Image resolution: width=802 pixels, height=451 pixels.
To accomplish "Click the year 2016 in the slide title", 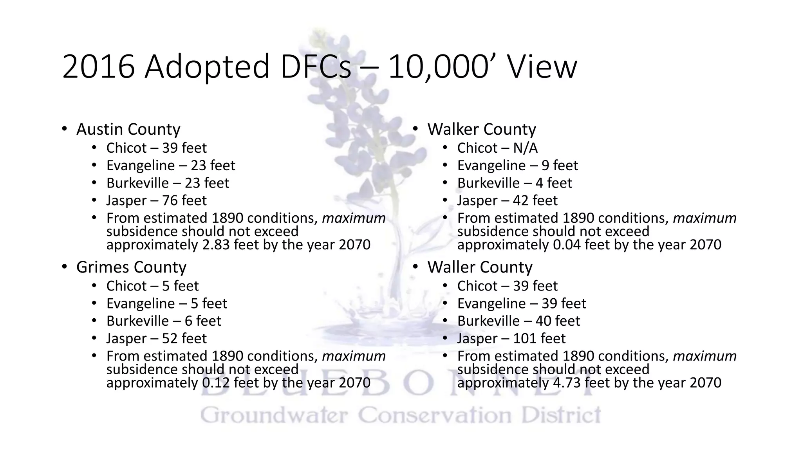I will [x=99, y=67].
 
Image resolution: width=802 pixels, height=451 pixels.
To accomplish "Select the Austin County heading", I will [x=128, y=129].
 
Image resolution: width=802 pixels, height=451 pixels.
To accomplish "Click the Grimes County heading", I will [x=131, y=267].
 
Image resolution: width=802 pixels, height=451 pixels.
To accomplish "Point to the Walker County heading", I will [x=481, y=129].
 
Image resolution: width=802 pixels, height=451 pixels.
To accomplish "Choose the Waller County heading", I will [x=480, y=267].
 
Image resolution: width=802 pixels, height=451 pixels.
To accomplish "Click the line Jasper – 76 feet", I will [x=156, y=200].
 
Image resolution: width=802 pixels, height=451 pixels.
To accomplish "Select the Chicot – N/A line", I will [x=497, y=148].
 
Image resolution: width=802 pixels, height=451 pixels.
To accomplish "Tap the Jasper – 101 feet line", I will [x=511, y=338].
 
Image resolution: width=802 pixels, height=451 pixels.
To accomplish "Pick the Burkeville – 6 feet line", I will [x=164, y=321].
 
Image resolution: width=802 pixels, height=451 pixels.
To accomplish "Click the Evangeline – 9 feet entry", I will [x=517, y=166].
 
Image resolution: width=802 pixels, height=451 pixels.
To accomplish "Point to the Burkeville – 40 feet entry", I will [x=518, y=321].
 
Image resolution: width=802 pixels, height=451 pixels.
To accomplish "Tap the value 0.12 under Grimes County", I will [x=216, y=383].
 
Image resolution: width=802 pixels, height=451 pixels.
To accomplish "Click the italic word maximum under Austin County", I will [x=354, y=218].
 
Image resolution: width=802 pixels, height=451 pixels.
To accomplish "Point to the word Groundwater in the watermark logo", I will [x=274, y=415].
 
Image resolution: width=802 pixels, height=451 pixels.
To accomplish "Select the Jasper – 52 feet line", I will [x=156, y=338].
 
